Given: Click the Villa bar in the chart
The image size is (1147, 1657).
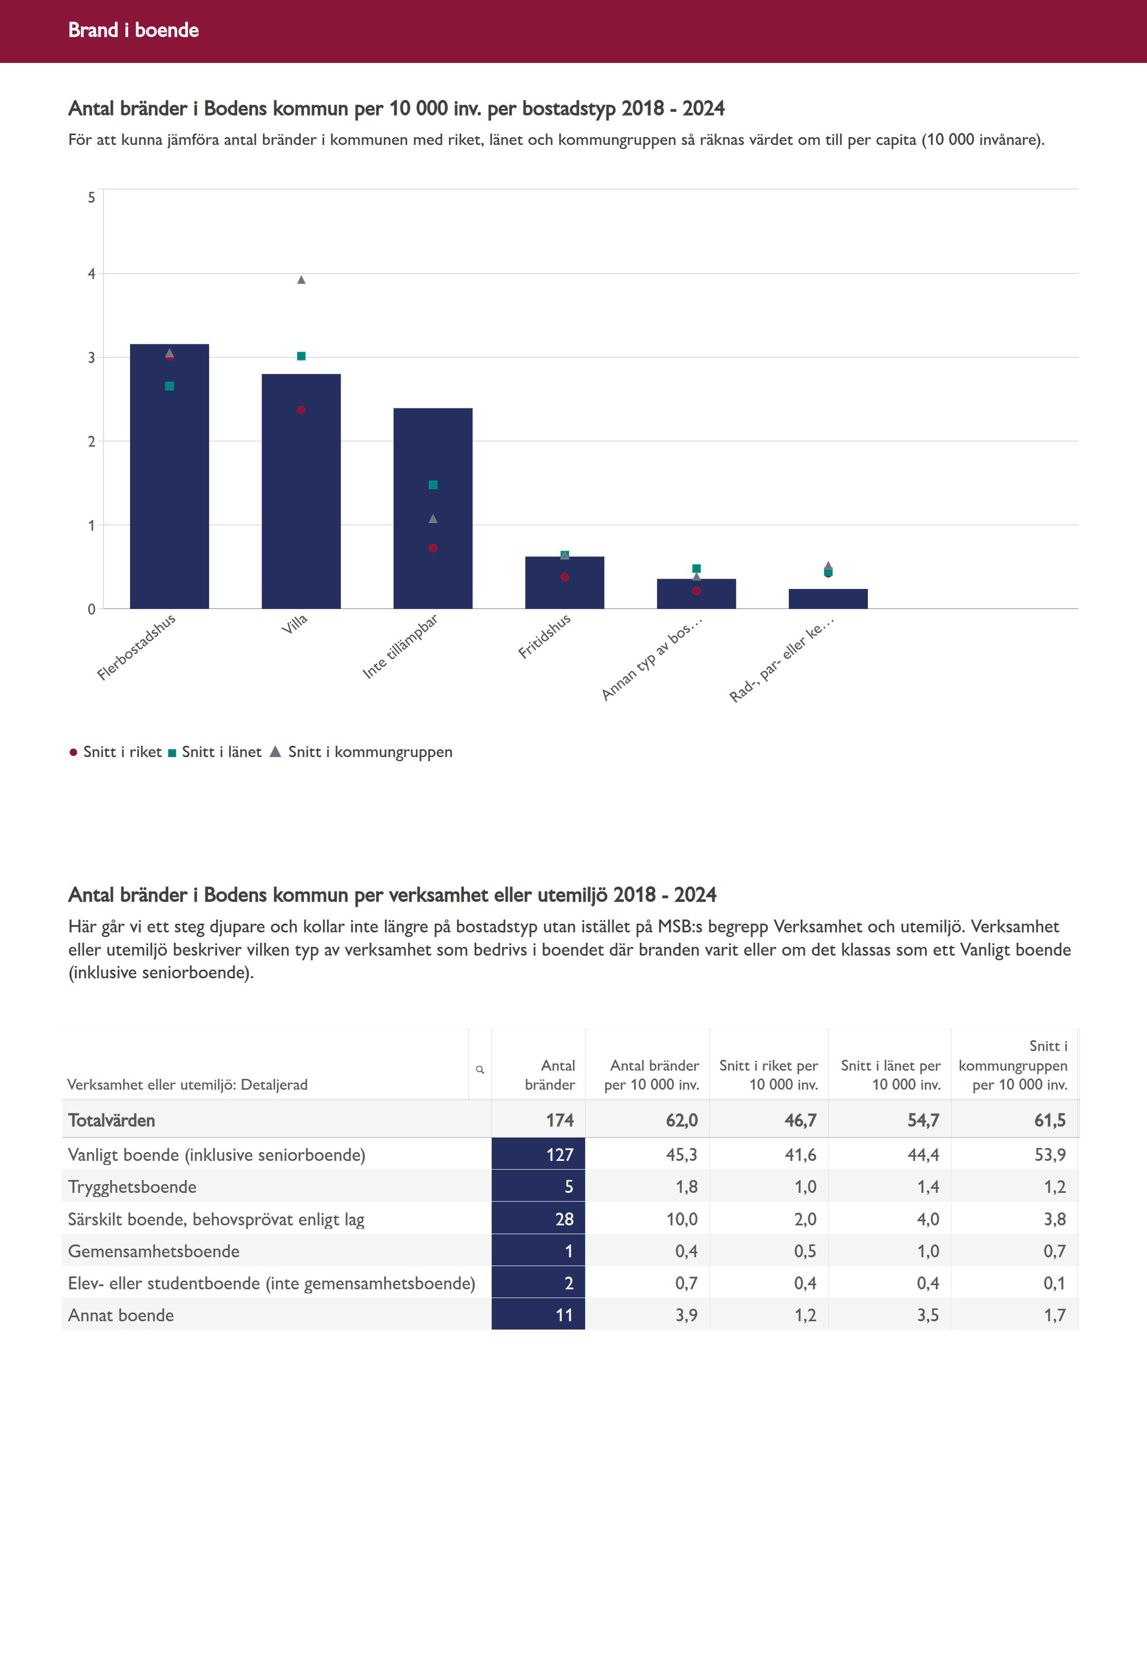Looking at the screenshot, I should pos(301,503).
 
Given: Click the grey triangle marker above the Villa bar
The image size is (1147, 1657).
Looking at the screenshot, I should pos(301,280).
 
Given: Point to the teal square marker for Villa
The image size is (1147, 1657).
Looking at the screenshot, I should pos(301,356).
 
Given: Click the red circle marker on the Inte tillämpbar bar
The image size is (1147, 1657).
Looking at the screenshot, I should pos(432,548).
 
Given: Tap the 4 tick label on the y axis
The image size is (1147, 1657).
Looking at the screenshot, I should pos(91,274).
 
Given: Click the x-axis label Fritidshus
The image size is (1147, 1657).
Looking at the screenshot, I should pos(545,636).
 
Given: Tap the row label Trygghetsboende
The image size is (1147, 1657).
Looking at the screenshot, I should pos(132,1187).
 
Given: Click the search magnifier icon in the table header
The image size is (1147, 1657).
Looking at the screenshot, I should pos(480,1070).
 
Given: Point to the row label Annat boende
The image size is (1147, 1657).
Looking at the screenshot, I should pos(121,1315).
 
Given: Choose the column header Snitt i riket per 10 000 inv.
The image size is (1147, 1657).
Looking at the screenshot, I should pos(769,1075).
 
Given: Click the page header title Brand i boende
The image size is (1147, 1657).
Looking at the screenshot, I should pos(134,30).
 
